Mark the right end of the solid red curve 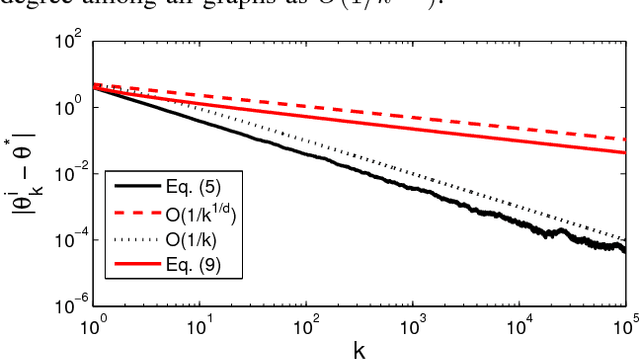[625, 152]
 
